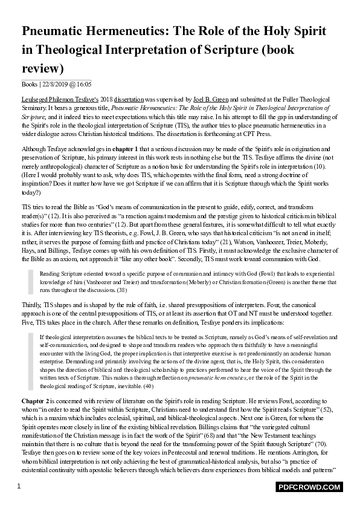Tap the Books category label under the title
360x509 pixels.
29,84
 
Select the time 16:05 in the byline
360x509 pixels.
85,84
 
